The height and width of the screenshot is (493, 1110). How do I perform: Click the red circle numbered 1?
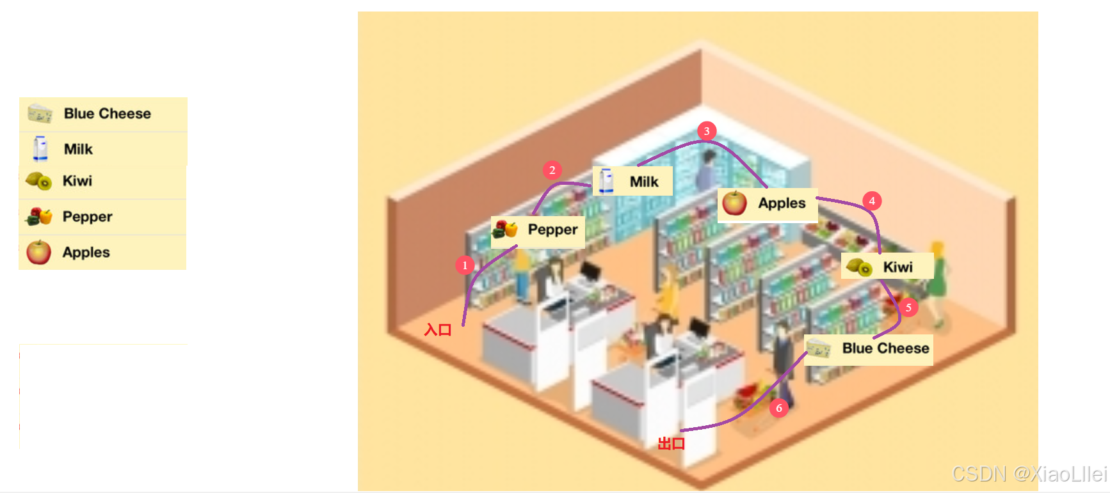(x=465, y=265)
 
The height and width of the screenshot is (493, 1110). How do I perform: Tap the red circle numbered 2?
(x=552, y=170)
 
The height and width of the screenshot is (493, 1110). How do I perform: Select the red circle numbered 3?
(x=706, y=131)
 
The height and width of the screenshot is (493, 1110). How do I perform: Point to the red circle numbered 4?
(x=872, y=201)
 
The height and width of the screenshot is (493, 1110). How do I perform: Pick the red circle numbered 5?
(x=908, y=308)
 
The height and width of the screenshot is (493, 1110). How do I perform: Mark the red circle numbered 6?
(x=779, y=408)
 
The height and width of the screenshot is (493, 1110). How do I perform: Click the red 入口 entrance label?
(x=438, y=330)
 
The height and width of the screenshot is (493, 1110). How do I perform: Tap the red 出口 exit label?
(x=672, y=444)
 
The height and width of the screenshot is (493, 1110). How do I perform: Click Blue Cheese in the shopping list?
(x=107, y=114)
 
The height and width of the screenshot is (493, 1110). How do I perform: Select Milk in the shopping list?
(x=78, y=149)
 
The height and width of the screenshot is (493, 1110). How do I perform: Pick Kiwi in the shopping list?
(x=77, y=181)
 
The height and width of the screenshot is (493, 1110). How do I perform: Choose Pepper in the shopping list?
(x=87, y=217)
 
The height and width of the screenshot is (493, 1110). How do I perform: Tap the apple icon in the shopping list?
(x=38, y=253)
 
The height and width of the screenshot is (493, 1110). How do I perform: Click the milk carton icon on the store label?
(x=606, y=181)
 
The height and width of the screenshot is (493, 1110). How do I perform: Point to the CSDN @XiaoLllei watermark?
(x=1029, y=474)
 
